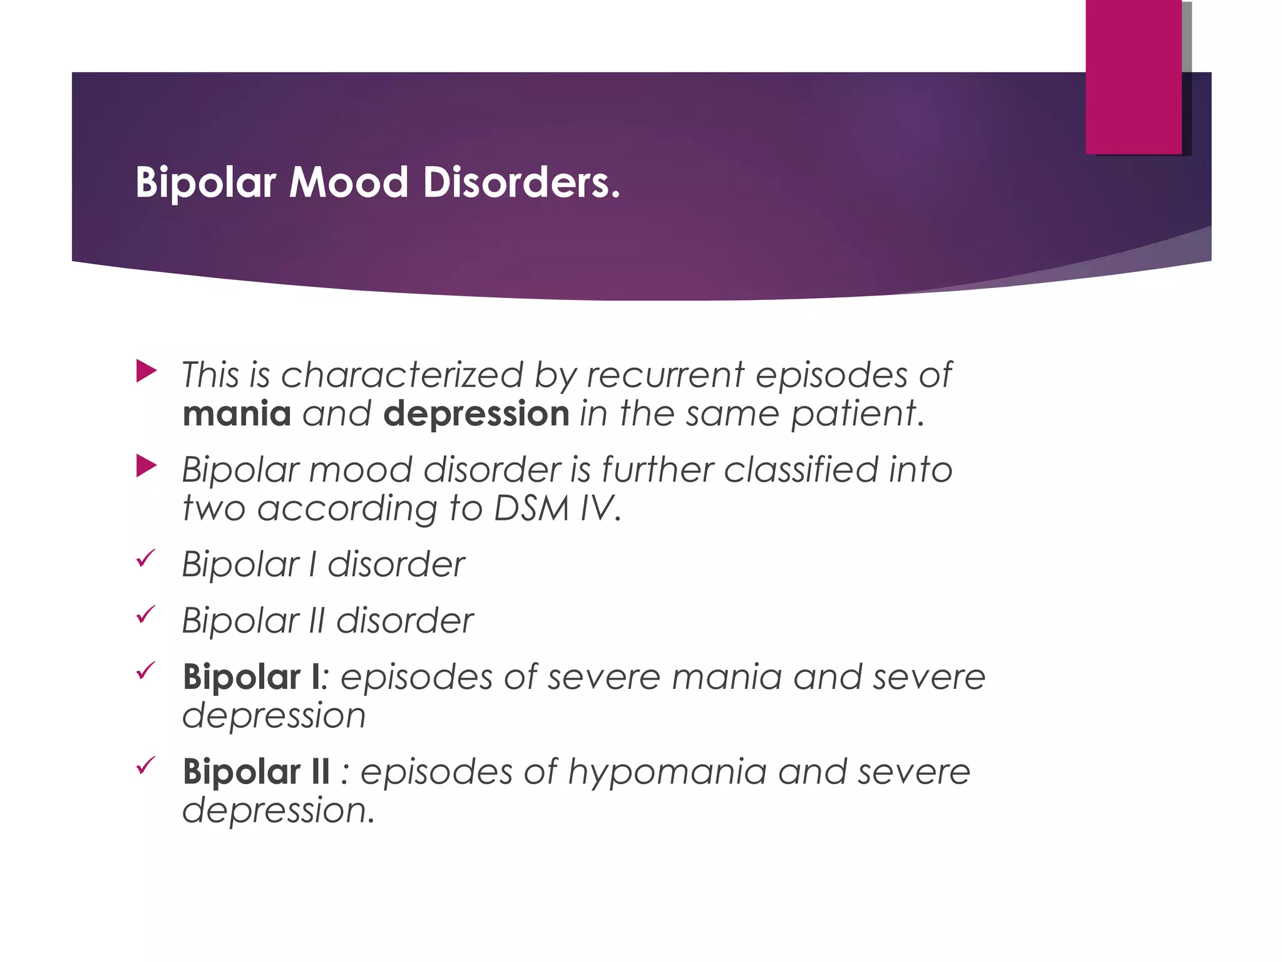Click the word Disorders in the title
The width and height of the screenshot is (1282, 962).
click(521, 183)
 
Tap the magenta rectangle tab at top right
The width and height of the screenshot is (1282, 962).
click(1133, 76)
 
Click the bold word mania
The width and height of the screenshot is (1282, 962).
click(237, 414)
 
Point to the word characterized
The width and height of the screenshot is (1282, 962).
click(402, 375)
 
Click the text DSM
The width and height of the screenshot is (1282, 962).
click(531, 508)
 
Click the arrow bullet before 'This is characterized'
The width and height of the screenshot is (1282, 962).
click(146, 371)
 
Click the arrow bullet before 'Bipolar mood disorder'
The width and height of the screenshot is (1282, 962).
click(146, 466)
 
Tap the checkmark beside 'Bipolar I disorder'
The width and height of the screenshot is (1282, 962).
click(145, 557)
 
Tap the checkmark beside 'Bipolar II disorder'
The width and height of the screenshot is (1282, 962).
click(145, 614)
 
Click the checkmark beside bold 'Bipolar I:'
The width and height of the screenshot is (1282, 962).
click(145, 671)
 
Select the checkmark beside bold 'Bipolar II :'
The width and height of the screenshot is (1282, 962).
click(145, 765)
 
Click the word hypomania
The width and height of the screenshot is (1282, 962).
click(667, 772)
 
